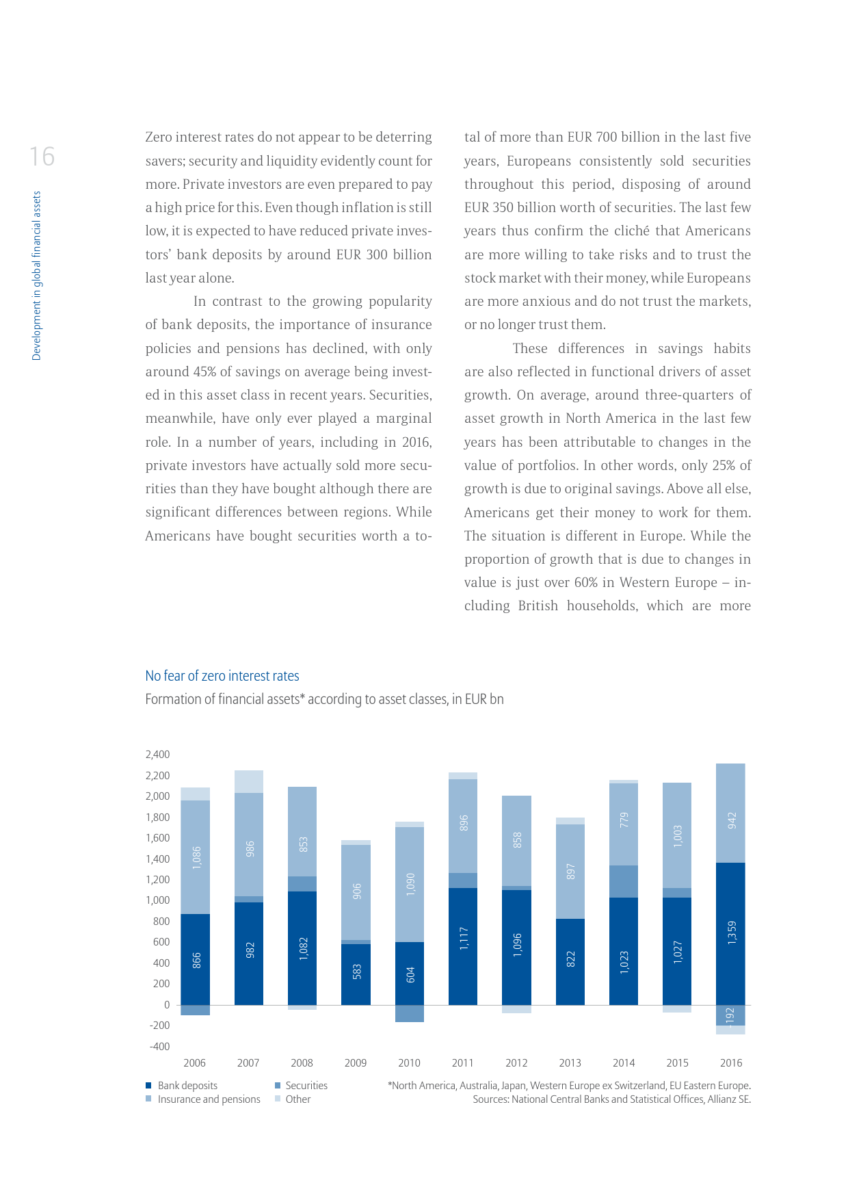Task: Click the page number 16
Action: coord(42,157)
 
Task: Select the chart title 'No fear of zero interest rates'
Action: coord(222,676)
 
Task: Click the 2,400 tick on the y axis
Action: coord(158,755)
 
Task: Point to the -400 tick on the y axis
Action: coord(160,1046)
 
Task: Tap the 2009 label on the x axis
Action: coord(356,1062)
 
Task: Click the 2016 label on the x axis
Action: coord(731,1062)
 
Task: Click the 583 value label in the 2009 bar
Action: coord(357,971)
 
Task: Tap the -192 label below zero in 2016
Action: coord(730,1016)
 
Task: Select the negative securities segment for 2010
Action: coord(410,1013)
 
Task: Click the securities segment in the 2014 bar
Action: coord(624,881)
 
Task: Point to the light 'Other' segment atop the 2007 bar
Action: coord(249,781)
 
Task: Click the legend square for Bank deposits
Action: coord(148,1085)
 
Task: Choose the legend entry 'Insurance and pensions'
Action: coord(209,1099)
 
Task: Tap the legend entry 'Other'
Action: coord(297,1099)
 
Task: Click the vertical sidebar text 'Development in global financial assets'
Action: coord(37,275)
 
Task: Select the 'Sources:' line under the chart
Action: coord(611,1099)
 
